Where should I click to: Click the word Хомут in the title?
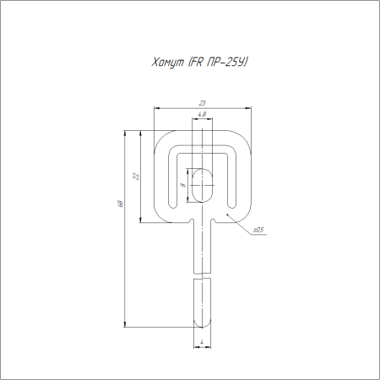[167, 62]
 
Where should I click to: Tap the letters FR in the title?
[196, 62]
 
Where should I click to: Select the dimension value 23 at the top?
[203, 103]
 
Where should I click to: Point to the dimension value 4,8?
[202, 114]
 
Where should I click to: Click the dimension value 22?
[136, 176]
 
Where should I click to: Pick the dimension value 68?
[120, 204]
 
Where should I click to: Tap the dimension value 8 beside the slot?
[183, 185]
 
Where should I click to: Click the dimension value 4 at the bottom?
[202, 342]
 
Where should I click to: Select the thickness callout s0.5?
[258, 230]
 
